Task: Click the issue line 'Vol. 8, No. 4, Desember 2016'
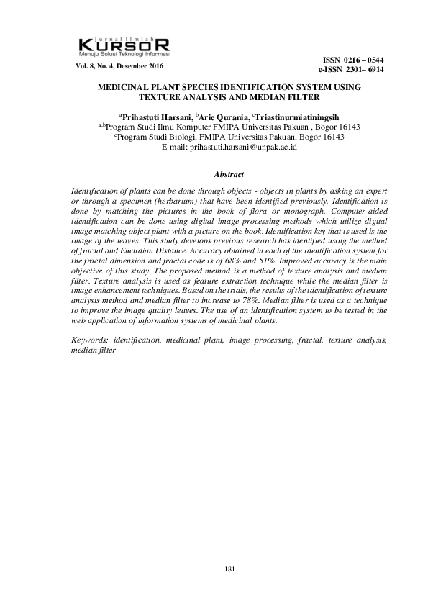click(x=119, y=66)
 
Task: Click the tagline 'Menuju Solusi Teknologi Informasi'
click(x=124, y=53)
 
